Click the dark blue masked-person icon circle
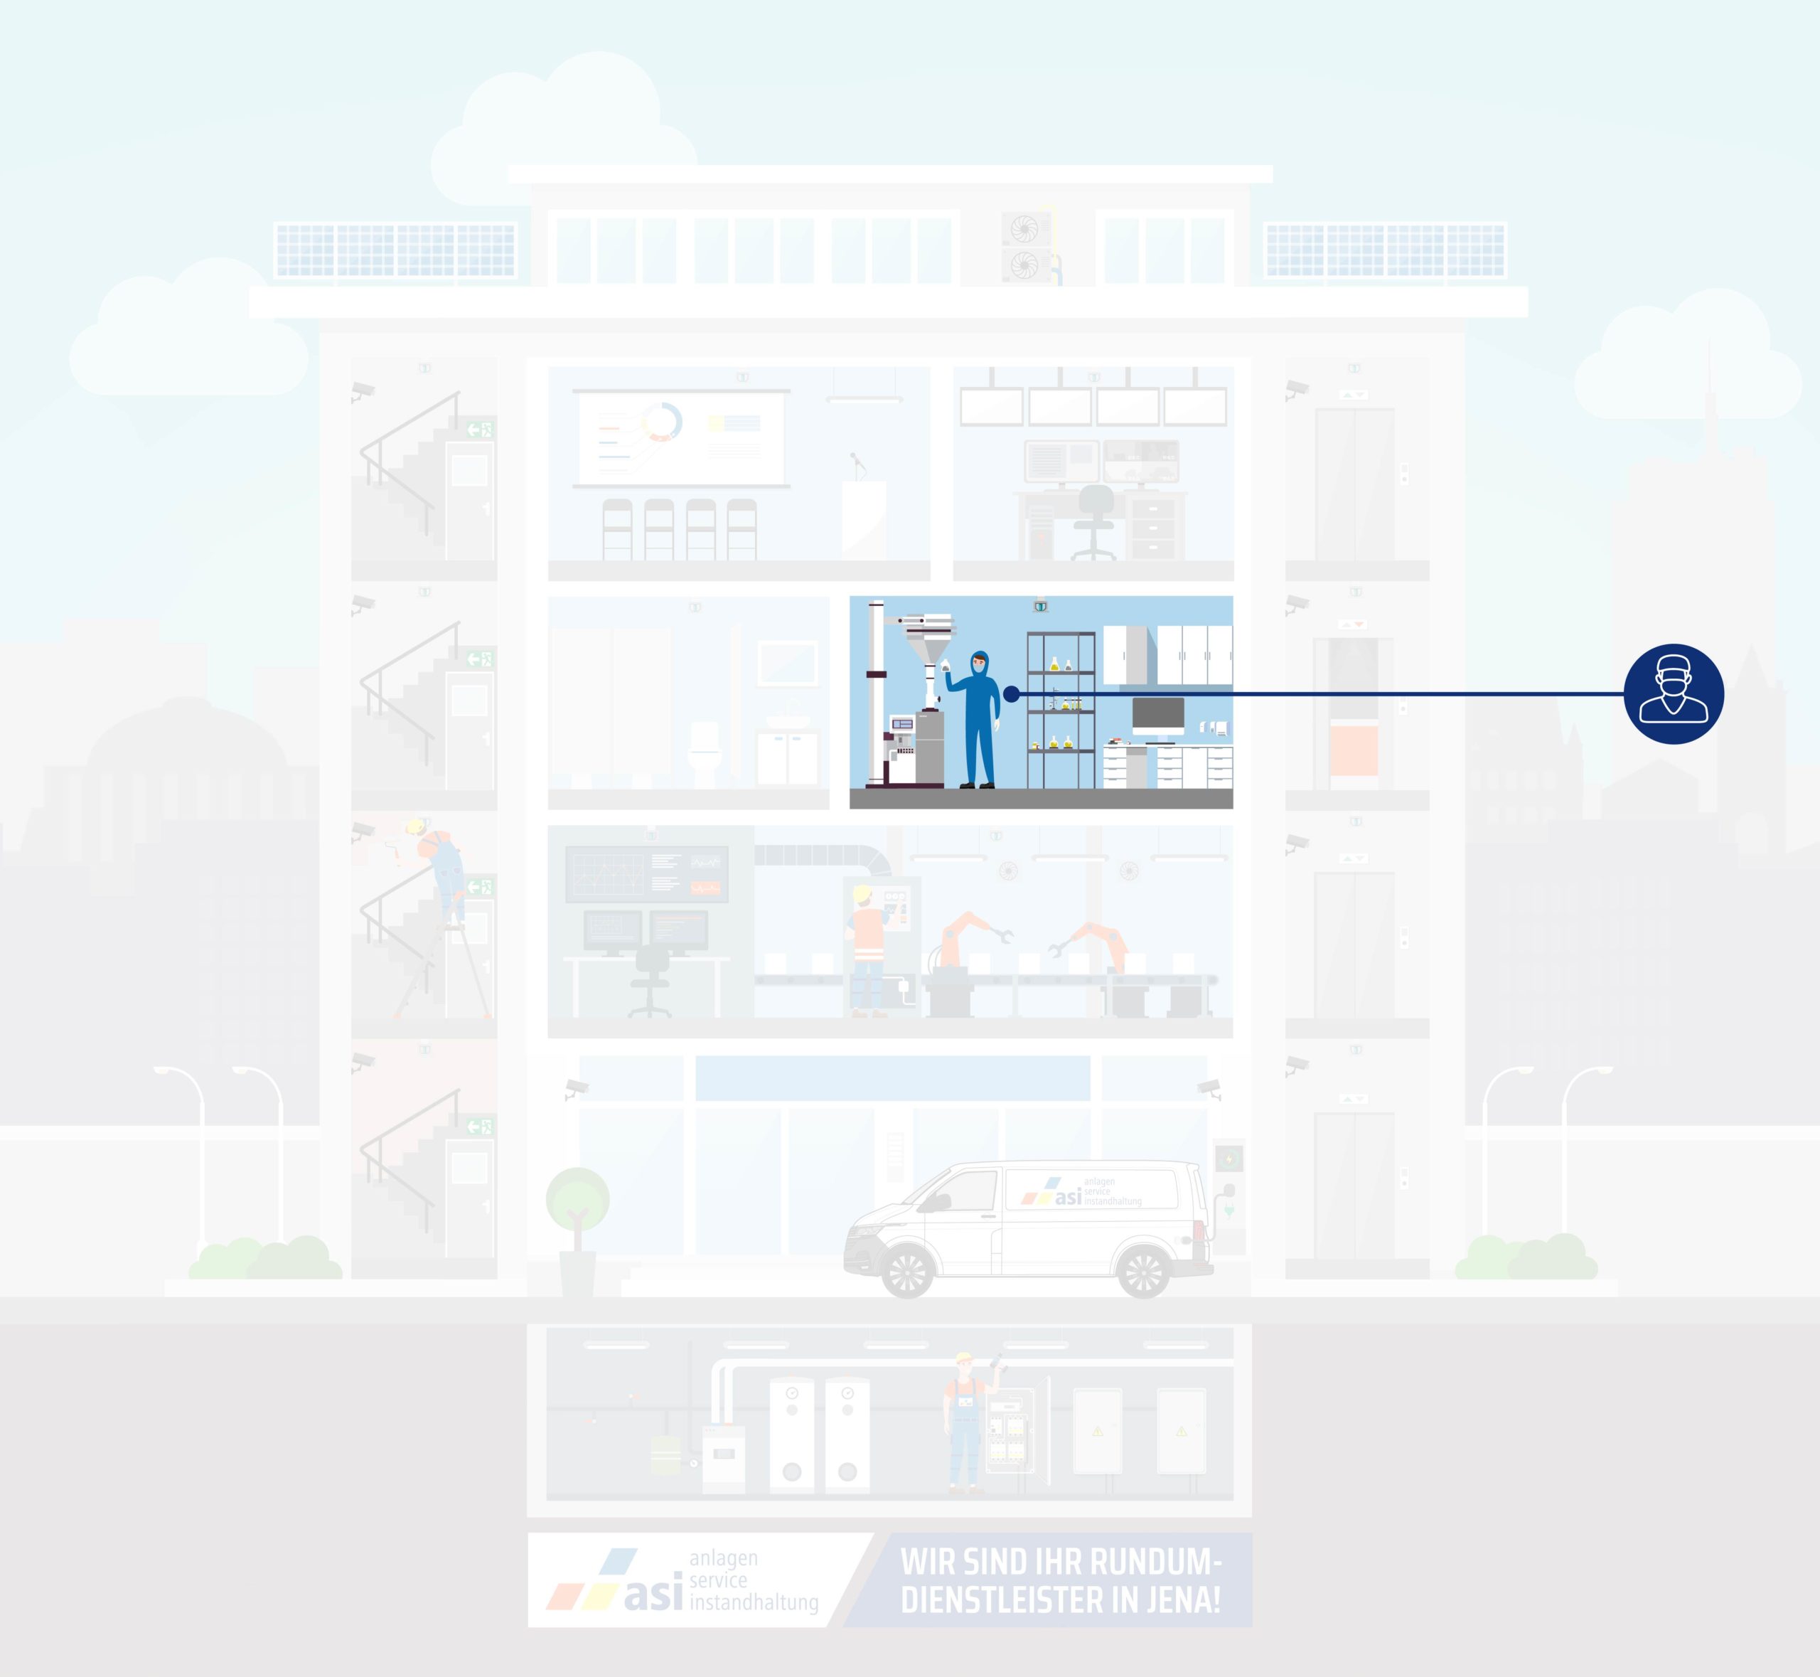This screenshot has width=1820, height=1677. point(1674,694)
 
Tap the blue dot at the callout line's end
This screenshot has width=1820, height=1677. point(1012,694)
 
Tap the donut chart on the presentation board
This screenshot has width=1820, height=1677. point(661,422)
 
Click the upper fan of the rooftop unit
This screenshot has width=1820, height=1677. point(1024,229)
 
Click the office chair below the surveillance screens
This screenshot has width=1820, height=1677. point(1095,522)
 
